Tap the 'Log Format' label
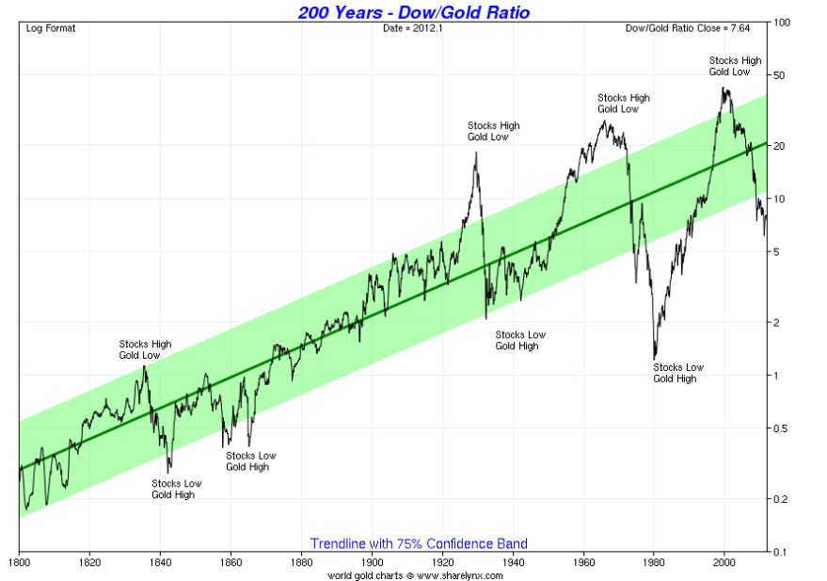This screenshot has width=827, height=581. point(50,28)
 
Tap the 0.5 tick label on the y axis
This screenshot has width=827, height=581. point(781,428)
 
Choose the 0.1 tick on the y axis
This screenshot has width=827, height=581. point(781,552)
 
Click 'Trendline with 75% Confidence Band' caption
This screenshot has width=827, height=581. point(419,543)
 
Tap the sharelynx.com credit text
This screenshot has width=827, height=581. point(415,574)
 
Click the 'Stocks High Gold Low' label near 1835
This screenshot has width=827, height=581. point(145,349)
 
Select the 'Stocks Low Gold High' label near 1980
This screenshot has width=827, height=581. point(678,373)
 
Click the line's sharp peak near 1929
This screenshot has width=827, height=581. point(476,152)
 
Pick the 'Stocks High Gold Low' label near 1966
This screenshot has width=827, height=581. point(624,103)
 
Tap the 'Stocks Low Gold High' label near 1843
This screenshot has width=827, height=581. point(176,489)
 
